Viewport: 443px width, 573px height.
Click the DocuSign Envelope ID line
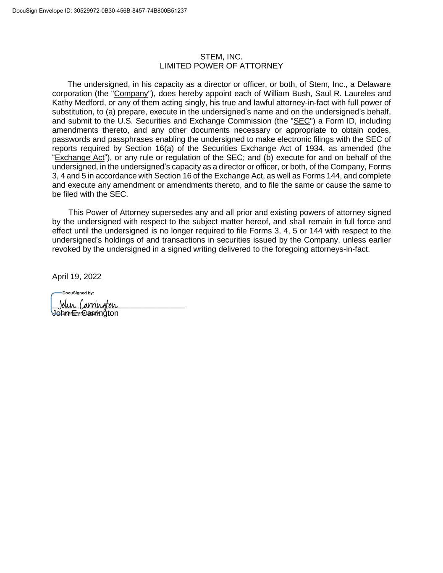100,10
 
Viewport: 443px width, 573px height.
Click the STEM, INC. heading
221,57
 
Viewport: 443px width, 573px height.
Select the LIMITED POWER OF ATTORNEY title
221,66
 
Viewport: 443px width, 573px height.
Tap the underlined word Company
131,94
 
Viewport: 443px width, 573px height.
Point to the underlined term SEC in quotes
301,121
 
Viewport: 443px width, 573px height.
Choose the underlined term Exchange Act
79,158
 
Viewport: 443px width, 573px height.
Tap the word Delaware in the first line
374,84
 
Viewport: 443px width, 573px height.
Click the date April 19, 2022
76,277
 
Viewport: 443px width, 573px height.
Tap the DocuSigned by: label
78,293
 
